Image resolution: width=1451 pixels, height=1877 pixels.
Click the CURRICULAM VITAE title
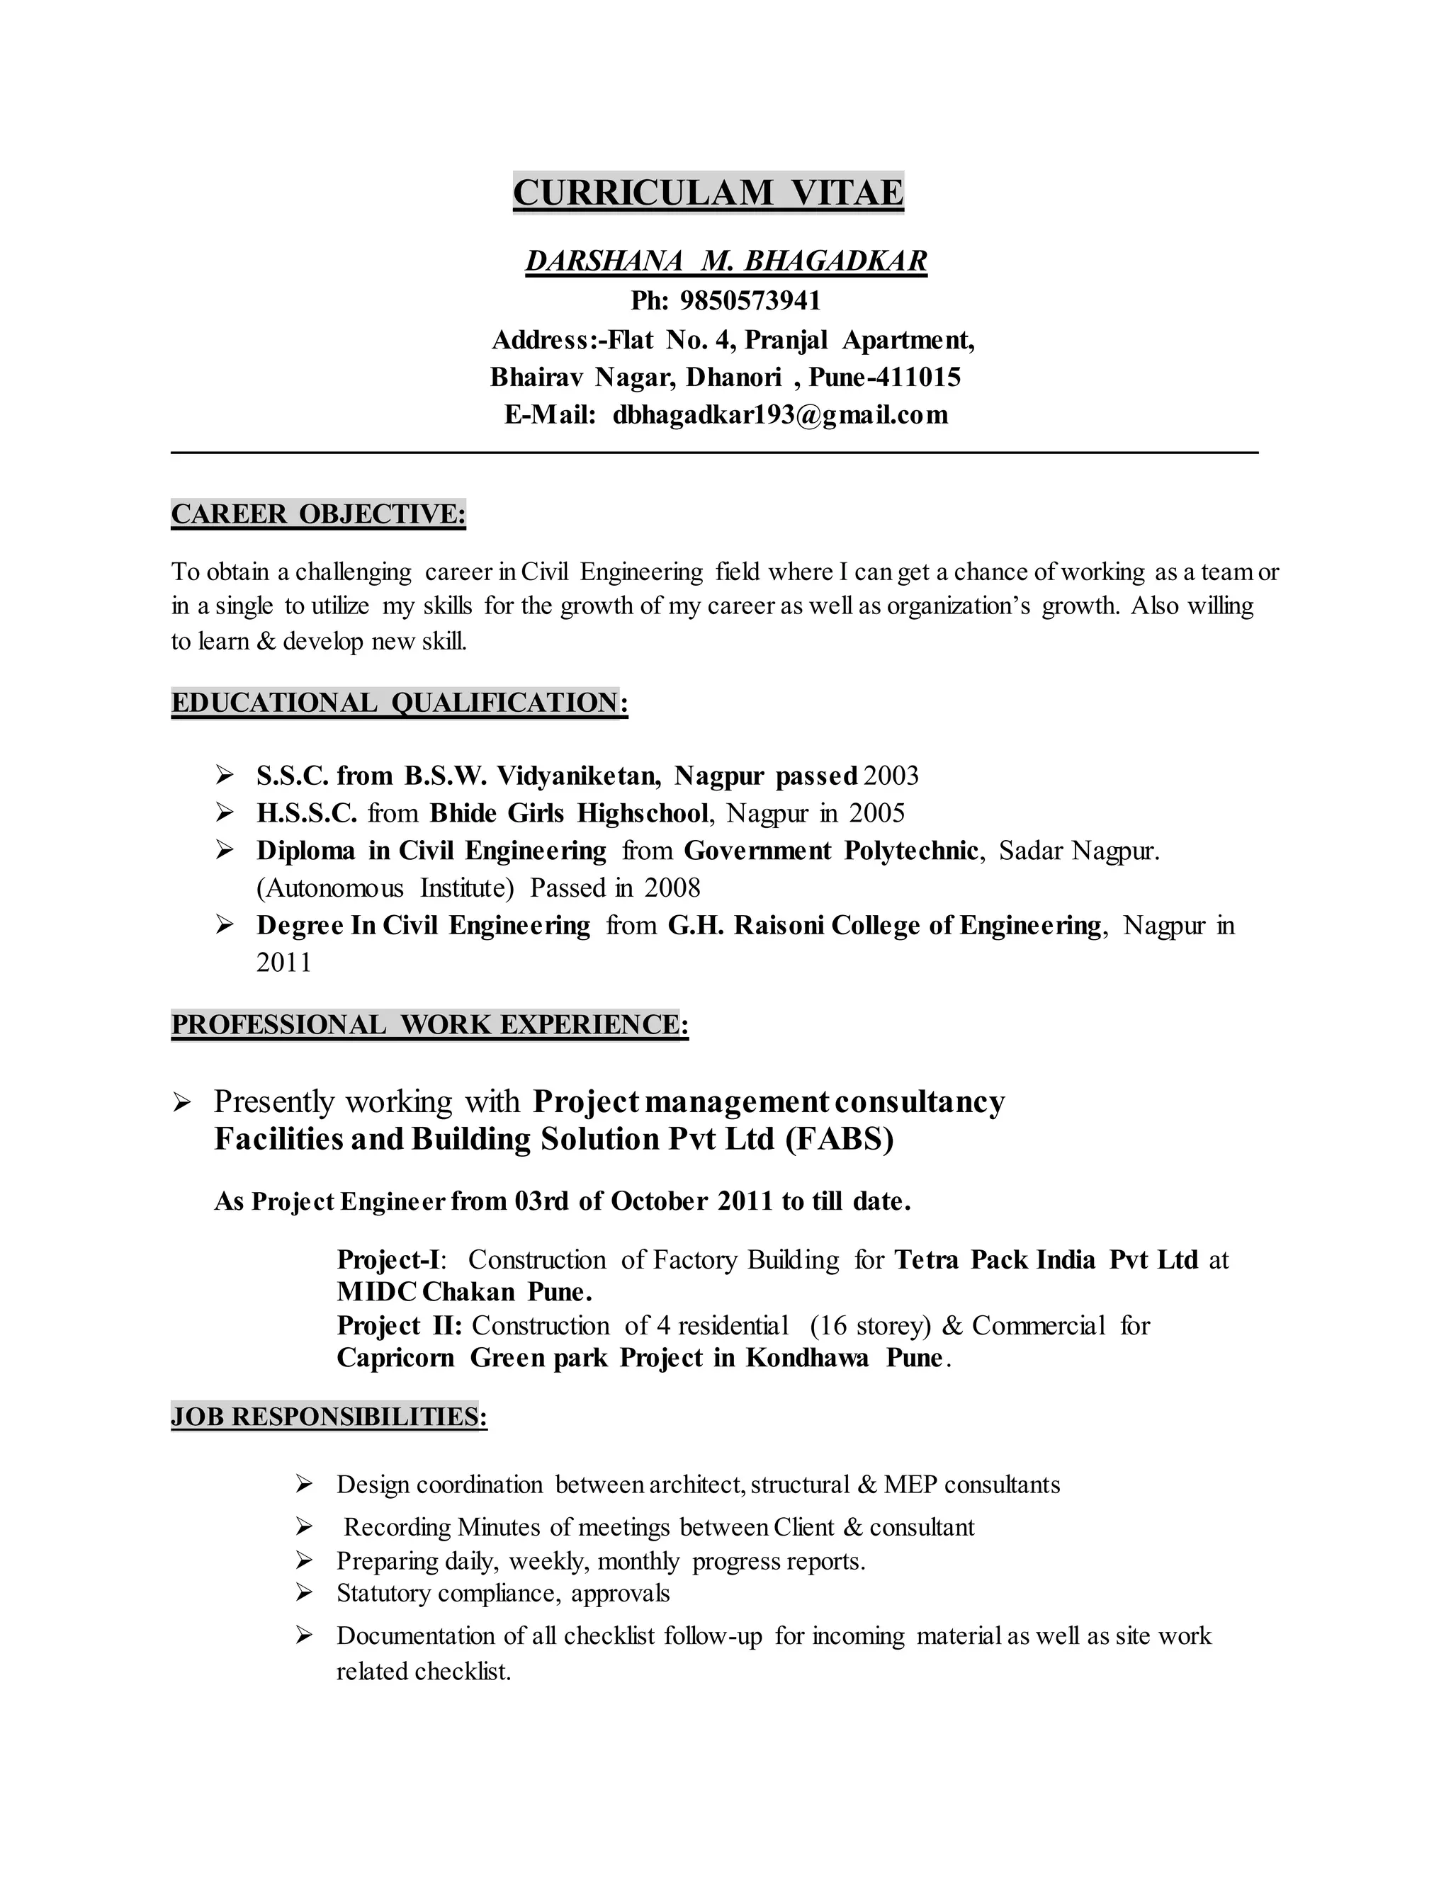click(708, 193)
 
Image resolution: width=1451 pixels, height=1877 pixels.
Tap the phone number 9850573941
click(750, 301)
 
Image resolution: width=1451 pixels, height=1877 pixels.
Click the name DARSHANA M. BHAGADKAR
click(726, 261)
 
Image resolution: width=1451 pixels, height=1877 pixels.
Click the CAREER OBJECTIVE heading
click(318, 514)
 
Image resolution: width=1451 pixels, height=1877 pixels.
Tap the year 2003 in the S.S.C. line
click(891, 776)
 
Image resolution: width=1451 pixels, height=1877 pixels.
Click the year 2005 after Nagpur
click(877, 813)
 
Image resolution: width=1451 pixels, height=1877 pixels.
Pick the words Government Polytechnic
click(830, 851)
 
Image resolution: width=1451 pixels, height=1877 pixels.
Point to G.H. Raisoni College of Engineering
click(884, 926)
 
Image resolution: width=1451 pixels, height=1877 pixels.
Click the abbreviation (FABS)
click(839, 1139)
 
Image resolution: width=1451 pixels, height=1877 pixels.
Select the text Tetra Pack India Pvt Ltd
click(1045, 1260)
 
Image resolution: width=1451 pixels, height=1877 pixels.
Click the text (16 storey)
click(870, 1326)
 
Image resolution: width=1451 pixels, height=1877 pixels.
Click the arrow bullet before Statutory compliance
click(303, 1592)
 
